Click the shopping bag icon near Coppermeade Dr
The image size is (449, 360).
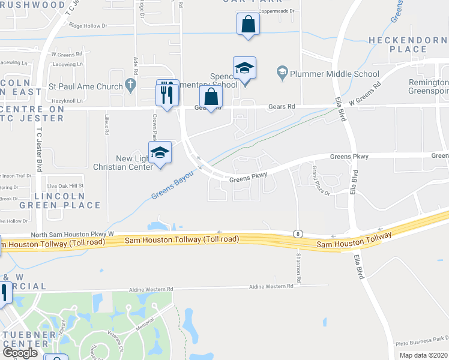coord(247,25)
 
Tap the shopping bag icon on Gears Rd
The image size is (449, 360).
coord(211,96)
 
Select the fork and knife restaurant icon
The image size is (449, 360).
coord(167,92)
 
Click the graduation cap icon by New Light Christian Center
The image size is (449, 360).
coord(160,153)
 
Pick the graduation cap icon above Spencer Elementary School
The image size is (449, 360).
coord(244,68)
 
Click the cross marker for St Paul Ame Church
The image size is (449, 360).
coord(132,86)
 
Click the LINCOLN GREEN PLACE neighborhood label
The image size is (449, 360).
coord(67,200)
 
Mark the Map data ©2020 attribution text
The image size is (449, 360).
coord(424,355)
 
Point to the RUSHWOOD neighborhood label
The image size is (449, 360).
coord(32,5)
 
